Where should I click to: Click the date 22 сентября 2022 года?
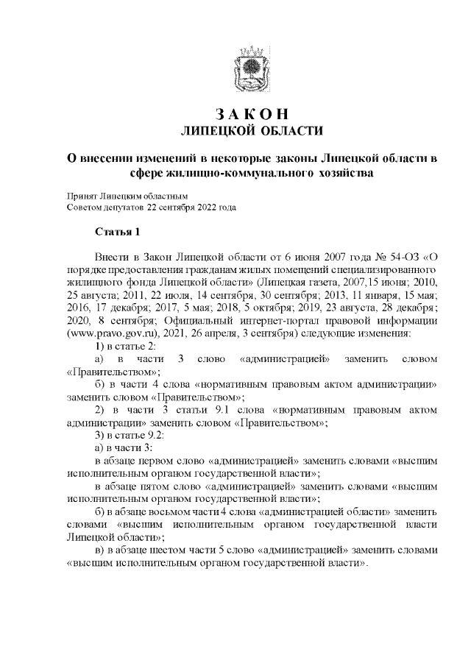coord(191,208)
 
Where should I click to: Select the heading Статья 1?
coord(117,233)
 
